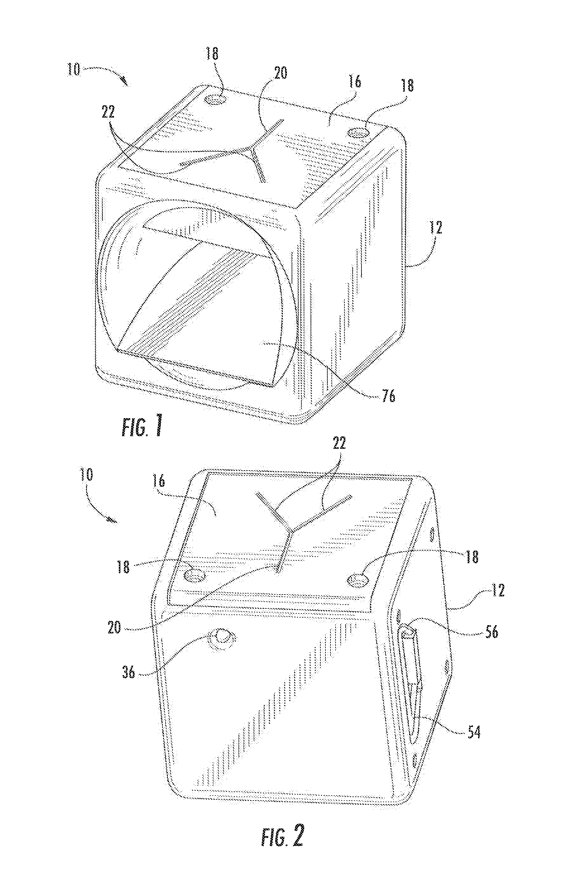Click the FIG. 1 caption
pyautogui.click(x=143, y=426)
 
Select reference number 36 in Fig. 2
pyautogui.click(x=129, y=670)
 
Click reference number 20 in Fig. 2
pyautogui.click(x=114, y=627)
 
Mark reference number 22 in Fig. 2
pyautogui.click(x=339, y=443)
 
